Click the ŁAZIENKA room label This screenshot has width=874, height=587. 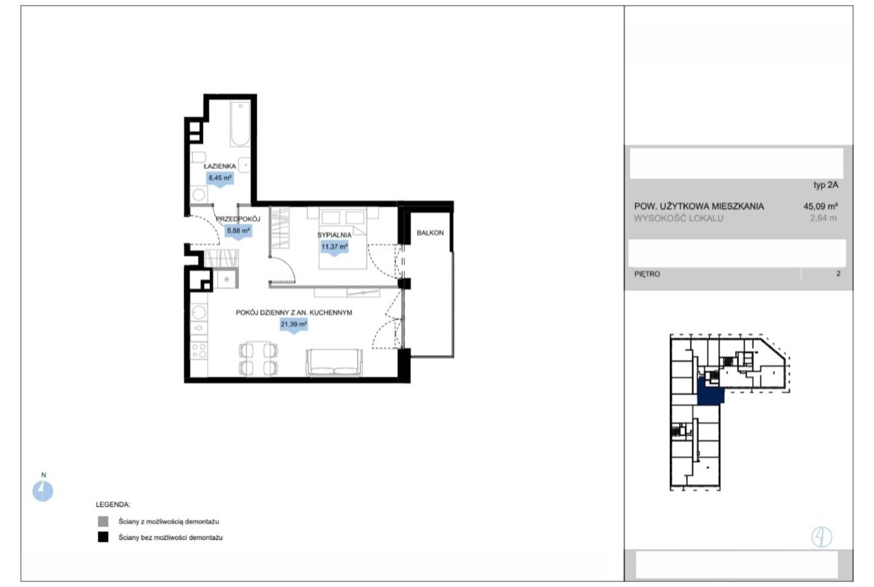click(220, 166)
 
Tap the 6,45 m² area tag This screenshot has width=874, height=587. click(220, 178)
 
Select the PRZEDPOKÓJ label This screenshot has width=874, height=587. click(238, 219)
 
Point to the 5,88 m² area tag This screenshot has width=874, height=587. click(238, 230)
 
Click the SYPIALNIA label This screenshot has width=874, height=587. click(335, 235)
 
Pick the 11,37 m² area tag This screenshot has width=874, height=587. click(335, 247)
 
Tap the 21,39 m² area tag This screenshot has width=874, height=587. click(294, 325)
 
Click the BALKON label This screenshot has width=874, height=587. click(430, 233)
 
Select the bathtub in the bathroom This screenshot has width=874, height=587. click(241, 124)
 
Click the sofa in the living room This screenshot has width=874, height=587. click(334, 362)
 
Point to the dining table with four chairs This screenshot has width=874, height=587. click(258, 359)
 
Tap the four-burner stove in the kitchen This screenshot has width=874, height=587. click(199, 351)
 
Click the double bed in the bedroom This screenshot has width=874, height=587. click(343, 239)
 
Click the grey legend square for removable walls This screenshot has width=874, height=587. click(103, 522)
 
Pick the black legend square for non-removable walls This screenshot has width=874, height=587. click(103, 538)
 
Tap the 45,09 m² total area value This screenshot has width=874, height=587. click(820, 206)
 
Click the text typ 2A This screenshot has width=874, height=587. click(825, 185)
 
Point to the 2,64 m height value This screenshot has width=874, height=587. click(823, 218)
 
